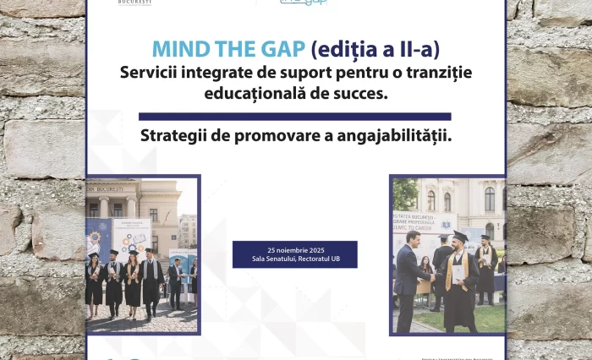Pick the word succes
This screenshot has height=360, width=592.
364,92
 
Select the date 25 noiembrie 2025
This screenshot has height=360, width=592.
294,250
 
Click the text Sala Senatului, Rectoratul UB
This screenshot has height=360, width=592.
294,259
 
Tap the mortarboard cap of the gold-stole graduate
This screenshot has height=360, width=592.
460,236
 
